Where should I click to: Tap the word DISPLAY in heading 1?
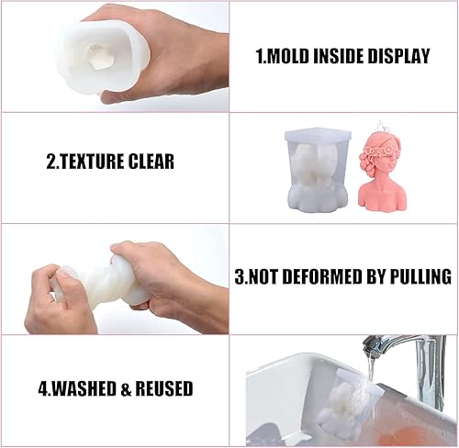[398, 56]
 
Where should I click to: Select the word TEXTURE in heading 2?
[91, 162]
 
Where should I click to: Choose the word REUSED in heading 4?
[164, 388]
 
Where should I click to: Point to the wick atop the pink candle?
[381, 126]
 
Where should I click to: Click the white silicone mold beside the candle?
[319, 171]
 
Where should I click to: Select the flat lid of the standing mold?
[318, 135]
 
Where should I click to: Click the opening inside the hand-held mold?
[99, 56]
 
